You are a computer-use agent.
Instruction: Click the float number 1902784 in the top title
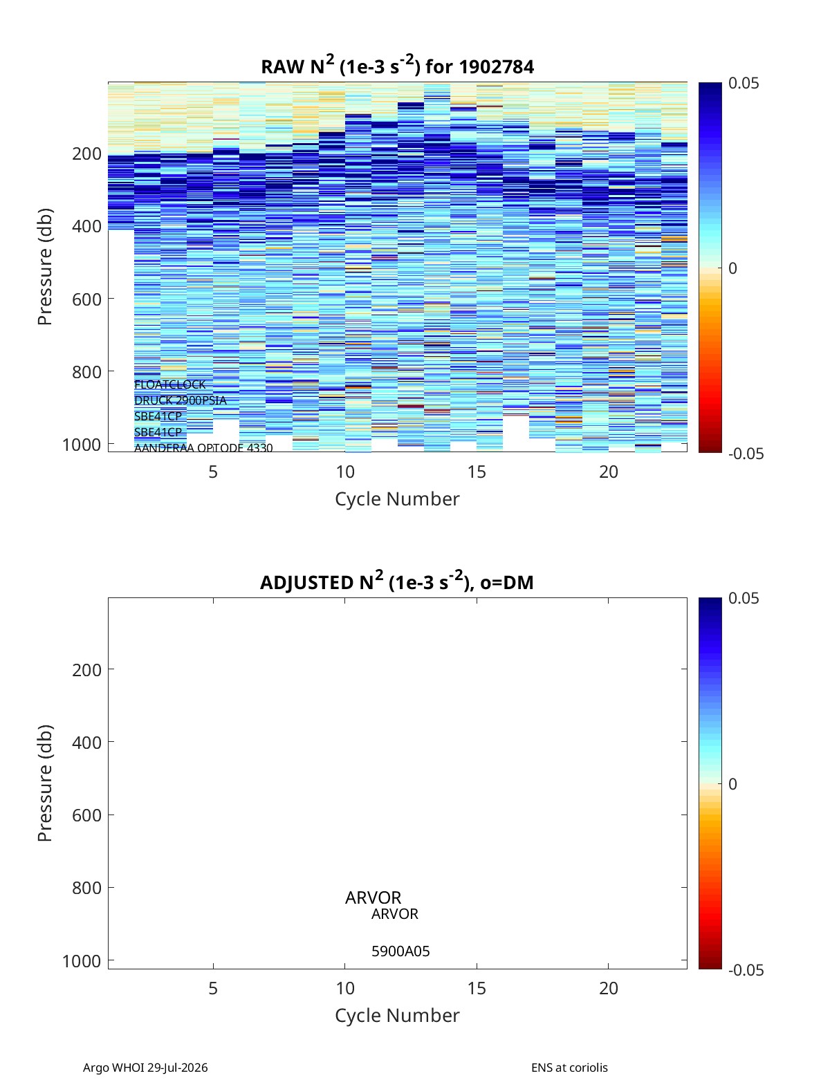coord(496,67)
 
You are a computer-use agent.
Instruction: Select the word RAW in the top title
coord(283,67)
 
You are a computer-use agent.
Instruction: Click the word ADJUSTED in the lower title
coord(306,582)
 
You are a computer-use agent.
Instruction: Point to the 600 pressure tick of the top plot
coord(87,299)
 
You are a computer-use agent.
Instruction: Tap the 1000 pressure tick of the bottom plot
coord(82,961)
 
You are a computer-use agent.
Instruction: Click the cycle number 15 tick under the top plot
coord(477,472)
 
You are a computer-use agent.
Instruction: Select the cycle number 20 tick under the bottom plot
coord(608,988)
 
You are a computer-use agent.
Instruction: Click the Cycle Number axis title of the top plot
coord(397,499)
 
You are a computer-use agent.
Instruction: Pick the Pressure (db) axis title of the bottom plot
coord(45,783)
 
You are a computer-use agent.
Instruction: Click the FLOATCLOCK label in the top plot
coord(169,384)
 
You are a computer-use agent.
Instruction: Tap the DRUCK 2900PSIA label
coord(180,400)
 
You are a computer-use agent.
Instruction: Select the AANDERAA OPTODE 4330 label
coord(203,448)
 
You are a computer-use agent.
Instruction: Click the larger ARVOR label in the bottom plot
coord(373,897)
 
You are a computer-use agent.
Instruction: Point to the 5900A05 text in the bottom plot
coord(400,951)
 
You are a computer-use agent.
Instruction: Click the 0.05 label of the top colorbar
coord(743,83)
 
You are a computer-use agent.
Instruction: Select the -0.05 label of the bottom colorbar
coord(746,970)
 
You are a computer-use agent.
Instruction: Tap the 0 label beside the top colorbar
coord(732,268)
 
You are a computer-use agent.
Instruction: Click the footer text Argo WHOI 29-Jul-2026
coord(145,1068)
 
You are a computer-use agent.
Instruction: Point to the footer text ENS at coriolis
coord(569,1068)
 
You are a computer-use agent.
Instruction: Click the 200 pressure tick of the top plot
coord(87,153)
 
